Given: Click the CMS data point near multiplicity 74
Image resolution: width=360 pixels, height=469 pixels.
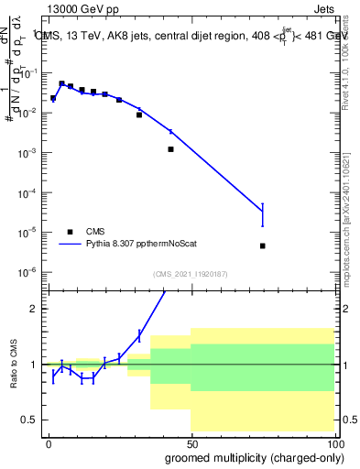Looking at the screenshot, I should (263, 245).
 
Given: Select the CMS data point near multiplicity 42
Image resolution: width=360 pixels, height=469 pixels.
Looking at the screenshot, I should (170, 149).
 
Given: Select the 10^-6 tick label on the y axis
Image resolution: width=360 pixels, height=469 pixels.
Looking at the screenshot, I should (30, 272).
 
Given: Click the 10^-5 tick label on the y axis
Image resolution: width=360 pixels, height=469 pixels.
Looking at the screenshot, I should (30, 233).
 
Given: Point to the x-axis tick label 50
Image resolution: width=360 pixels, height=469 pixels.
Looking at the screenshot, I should (191, 442).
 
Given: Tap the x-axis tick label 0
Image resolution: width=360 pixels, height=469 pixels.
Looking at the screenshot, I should (49, 442).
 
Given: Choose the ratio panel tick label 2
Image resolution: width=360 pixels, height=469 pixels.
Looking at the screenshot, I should (36, 309).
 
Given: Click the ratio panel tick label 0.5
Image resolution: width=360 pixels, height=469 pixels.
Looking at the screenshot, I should (32, 420).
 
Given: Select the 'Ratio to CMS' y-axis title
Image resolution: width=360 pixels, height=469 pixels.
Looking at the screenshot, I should (12, 365).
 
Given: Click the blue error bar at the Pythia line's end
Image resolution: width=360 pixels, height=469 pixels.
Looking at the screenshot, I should (263, 214).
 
